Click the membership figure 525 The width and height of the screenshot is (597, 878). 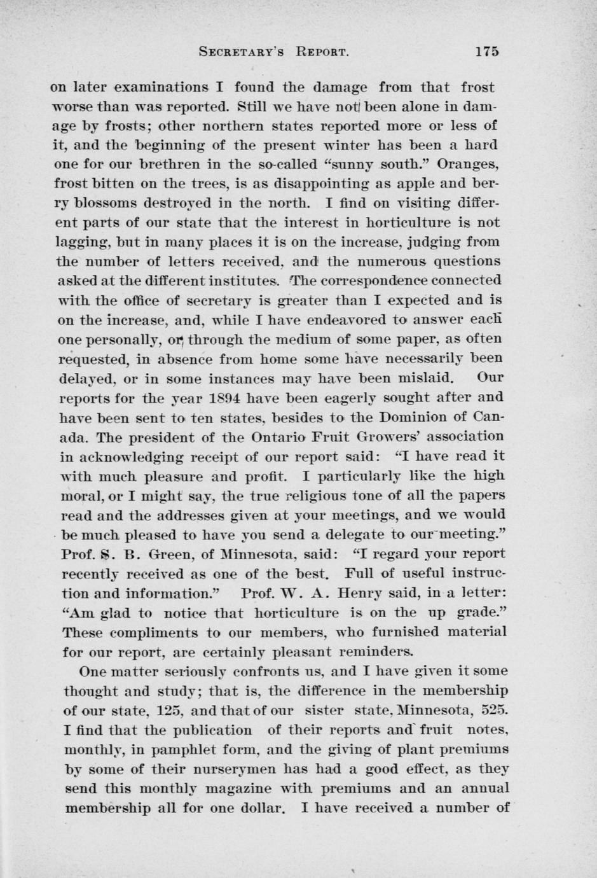[x=494, y=709]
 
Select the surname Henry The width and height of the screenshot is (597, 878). [x=358, y=593]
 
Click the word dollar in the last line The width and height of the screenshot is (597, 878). [x=256, y=808]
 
